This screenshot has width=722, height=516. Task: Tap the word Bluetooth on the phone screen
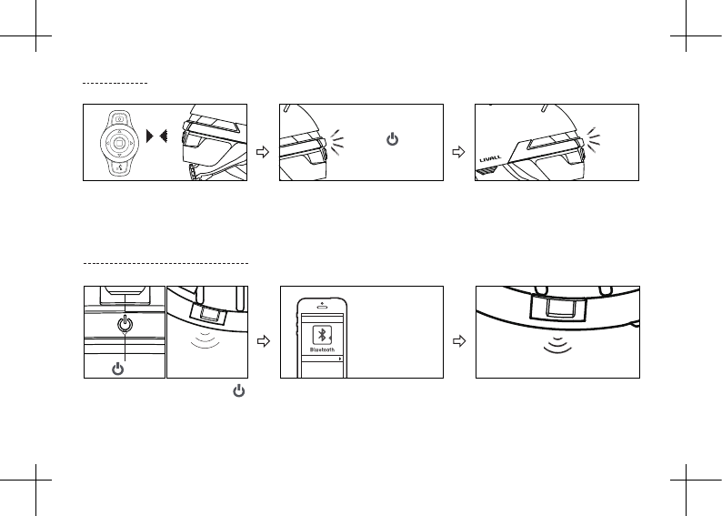[x=322, y=349]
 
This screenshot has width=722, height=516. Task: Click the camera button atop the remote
[x=120, y=118]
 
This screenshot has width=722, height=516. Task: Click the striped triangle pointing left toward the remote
[x=165, y=136]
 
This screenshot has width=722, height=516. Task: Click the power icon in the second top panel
[x=392, y=140]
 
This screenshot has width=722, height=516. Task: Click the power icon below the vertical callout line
[x=115, y=368]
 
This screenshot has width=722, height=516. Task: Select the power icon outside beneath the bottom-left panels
[x=238, y=390]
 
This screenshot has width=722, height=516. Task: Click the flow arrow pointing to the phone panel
[x=264, y=341]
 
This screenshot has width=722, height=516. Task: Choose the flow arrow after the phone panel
[x=459, y=341]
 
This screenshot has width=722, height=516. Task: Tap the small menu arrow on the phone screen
[x=339, y=360]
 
